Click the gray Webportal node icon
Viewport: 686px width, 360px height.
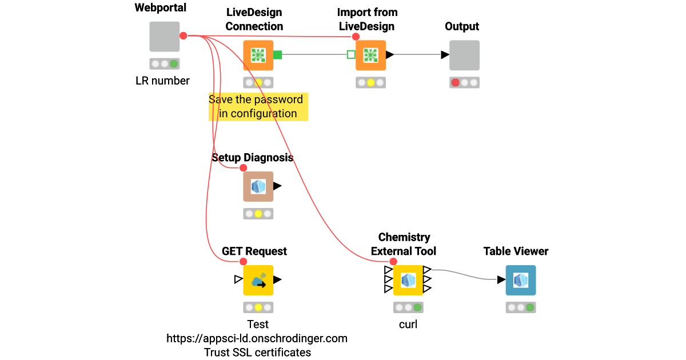[165, 37]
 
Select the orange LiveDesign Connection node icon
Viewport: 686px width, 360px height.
[258, 55]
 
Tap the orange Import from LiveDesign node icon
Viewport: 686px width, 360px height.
[370, 55]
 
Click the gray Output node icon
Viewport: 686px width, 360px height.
[464, 55]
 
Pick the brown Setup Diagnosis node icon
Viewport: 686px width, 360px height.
[258, 186]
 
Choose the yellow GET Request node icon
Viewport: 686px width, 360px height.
[258, 280]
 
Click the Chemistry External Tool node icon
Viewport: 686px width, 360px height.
[408, 280]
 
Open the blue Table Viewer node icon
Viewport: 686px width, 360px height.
[520, 280]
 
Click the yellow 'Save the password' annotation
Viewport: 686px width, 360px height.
[258, 106]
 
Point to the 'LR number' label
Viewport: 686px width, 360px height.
[162, 81]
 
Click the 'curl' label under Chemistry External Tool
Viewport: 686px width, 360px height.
[408, 324]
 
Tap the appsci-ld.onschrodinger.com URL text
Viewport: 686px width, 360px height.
[257, 338]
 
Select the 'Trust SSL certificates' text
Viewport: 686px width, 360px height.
[258, 352]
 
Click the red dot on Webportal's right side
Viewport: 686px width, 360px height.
[184, 36]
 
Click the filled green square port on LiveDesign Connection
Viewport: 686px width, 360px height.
[277, 55]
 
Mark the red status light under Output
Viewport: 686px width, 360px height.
[456, 82]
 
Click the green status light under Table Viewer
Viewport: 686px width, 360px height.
[530, 307]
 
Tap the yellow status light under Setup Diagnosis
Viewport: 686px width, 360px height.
[258, 214]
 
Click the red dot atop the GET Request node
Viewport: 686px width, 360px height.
[243, 262]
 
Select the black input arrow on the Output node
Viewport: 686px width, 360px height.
[445, 55]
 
